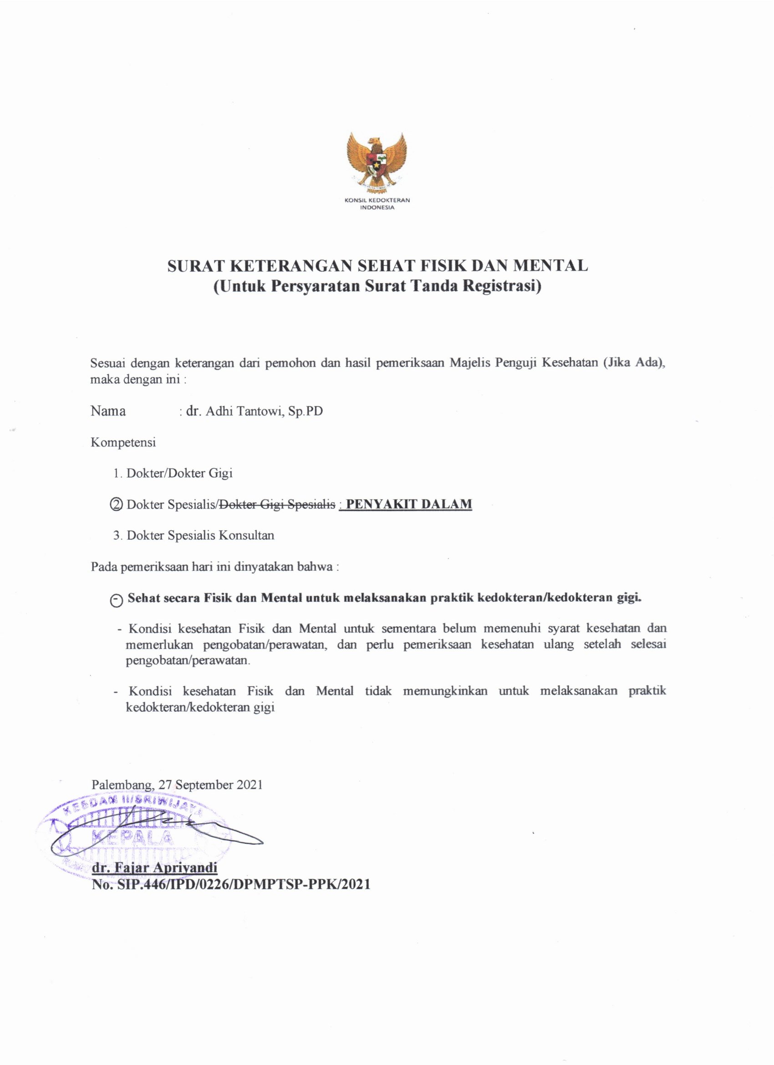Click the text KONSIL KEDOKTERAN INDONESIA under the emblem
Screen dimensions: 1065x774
[377, 203]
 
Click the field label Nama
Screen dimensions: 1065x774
[108, 411]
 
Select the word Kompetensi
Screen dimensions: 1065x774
[123, 442]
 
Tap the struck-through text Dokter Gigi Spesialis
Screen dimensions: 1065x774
[278, 504]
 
